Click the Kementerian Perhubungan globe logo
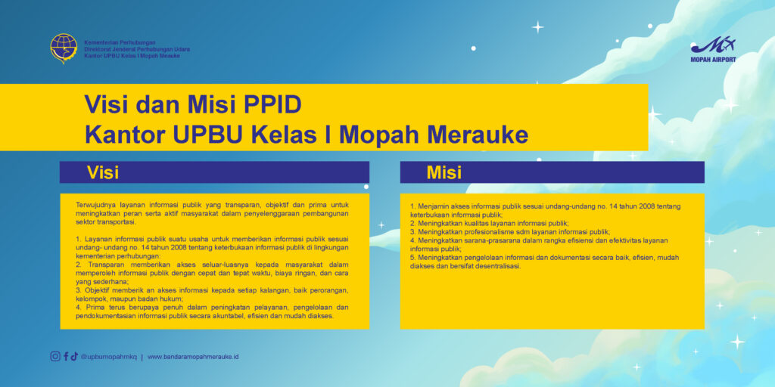64,48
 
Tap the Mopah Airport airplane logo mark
713,45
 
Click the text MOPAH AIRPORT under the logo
713,59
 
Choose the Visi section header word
102,172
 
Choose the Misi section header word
444,172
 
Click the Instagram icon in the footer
55,357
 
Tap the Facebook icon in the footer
66,357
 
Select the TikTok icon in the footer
74,357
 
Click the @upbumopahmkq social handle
108,357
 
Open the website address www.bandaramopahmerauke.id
193,357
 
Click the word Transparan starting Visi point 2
103,265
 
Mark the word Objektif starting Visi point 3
100,290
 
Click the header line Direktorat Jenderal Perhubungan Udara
137,49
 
